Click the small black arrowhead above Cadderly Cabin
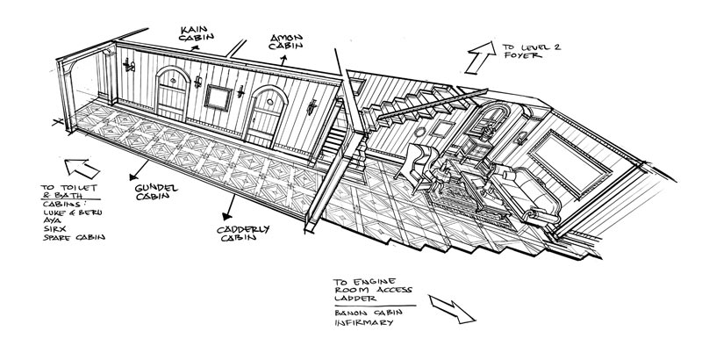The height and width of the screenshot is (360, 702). [x=230, y=211]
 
